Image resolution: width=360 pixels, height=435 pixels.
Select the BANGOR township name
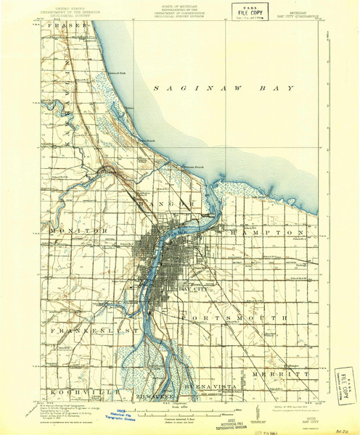tap(169, 207)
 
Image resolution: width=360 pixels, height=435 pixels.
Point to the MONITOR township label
tap(80, 230)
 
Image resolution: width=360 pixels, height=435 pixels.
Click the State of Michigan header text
tap(174, 10)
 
